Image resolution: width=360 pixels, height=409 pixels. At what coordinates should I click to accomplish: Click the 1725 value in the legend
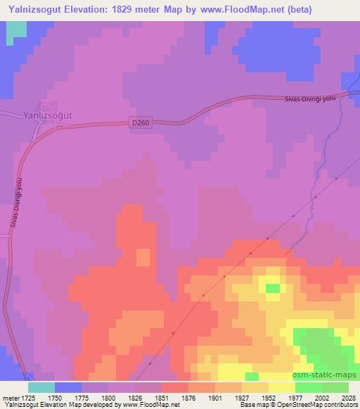(27, 397)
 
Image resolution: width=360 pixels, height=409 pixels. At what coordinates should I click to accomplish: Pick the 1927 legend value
(243, 397)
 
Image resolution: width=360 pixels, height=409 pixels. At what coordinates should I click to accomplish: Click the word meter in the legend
(9, 397)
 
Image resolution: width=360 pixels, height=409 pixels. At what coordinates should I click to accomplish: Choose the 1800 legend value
(116, 397)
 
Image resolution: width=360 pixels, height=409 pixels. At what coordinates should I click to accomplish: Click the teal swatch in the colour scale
(41, 387)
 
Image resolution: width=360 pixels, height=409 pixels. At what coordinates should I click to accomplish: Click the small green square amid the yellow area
(271, 287)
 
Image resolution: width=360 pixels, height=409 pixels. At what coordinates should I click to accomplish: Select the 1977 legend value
(286, 397)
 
